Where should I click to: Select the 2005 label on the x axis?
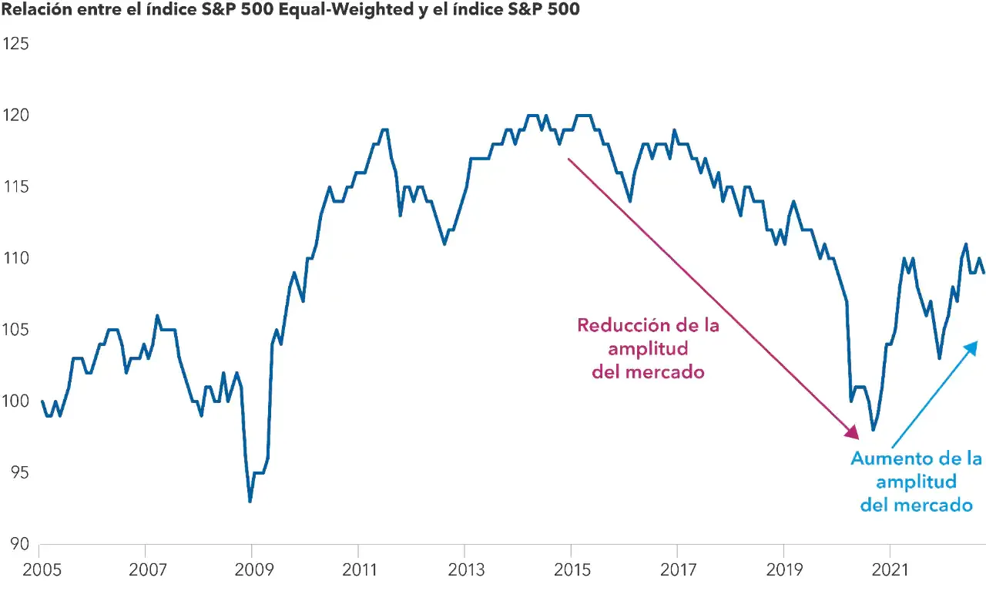(x=39, y=570)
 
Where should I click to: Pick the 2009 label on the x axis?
(x=251, y=570)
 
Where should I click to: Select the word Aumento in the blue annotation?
(x=883, y=459)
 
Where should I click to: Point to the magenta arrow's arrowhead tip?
(x=857, y=439)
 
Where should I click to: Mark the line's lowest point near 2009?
(x=250, y=502)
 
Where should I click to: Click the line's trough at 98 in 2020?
(x=873, y=430)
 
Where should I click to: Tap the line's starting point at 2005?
(x=42, y=401)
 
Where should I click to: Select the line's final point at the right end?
(x=984, y=273)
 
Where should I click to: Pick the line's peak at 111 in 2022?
(x=966, y=244)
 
